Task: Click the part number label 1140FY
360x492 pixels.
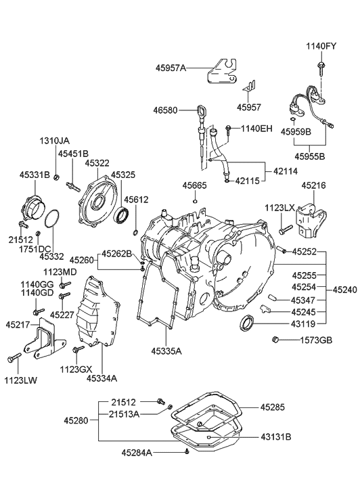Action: [321, 47]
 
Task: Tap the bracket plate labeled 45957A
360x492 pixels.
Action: [221, 72]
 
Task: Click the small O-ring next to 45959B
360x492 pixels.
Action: [292, 119]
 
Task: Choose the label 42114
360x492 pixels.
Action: [286, 171]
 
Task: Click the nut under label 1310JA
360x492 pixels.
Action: [56, 177]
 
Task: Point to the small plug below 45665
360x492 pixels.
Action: [195, 201]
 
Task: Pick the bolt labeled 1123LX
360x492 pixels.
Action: [286, 229]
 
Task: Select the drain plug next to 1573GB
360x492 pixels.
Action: [275, 340]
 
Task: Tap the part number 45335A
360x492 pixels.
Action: [166, 351]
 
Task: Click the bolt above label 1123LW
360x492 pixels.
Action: [14, 357]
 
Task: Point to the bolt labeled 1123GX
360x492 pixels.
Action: [78, 350]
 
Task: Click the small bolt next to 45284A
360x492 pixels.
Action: [187, 451]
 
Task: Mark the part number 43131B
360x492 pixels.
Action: [275, 437]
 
